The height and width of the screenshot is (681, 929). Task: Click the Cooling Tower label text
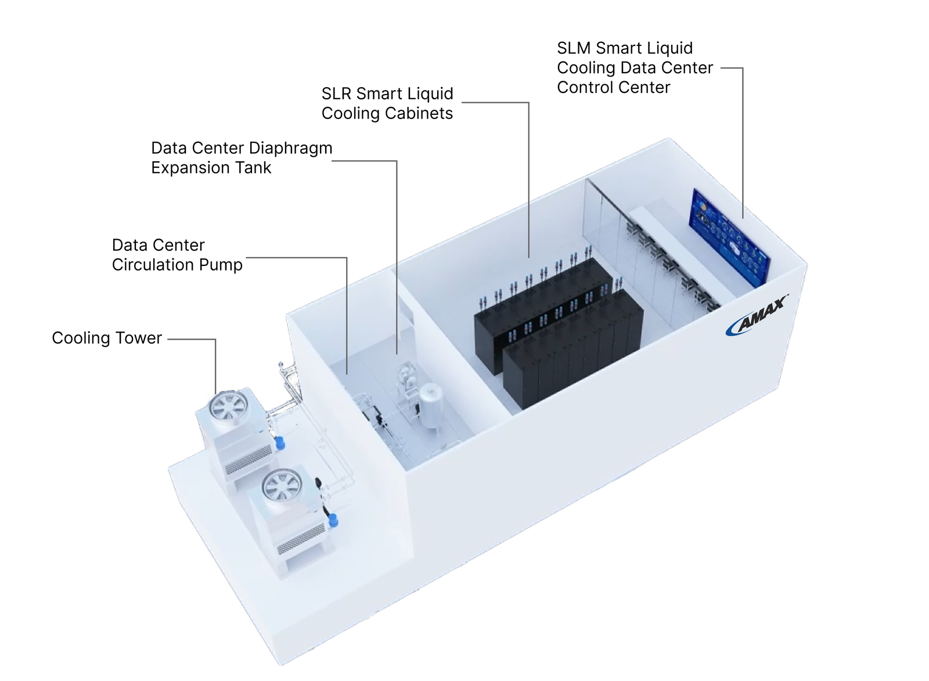pyautogui.click(x=107, y=338)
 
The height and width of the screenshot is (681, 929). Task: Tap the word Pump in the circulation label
pyautogui.click(x=221, y=265)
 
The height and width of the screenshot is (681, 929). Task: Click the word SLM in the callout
pyautogui.click(x=574, y=48)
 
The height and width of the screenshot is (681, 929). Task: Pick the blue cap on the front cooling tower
pyautogui.click(x=334, y=521)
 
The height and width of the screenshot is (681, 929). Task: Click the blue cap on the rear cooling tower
pyautogui.click(x=280, y=442)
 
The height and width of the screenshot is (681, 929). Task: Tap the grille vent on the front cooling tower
pyautogui.click(x=301, y=539)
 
